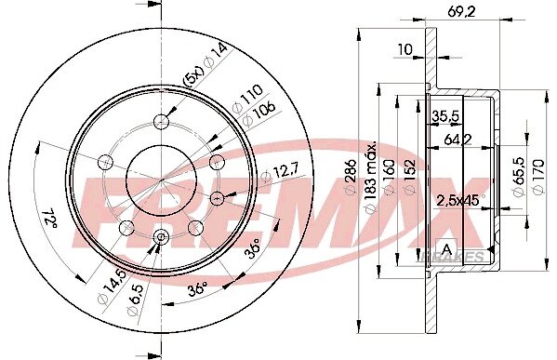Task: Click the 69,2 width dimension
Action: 460,12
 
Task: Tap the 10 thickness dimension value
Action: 404,49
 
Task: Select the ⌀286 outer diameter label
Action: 351,177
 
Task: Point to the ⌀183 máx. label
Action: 370,178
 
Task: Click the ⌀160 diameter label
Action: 390,177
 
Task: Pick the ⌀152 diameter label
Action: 409,177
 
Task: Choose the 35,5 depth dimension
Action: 445,115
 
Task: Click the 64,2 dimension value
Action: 458,140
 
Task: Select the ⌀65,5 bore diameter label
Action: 519,176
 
